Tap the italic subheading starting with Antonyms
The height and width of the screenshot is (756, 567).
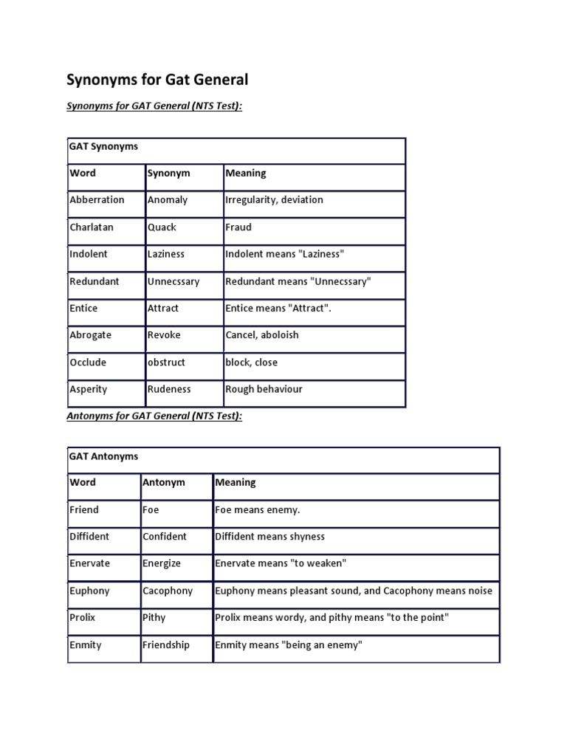154,416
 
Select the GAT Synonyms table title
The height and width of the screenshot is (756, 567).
103,146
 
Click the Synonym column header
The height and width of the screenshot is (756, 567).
168,173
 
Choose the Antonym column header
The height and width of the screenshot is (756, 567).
164,483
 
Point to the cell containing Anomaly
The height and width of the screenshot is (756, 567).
168,200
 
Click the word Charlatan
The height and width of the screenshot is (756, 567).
92,227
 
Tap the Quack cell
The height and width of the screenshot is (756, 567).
162,227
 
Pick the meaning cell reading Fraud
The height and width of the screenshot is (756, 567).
238,227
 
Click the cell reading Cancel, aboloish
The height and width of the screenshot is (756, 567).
262,335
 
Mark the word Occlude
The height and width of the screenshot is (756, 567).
88,362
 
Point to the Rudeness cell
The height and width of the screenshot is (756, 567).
169,389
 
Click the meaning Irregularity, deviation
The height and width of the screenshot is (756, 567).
274,200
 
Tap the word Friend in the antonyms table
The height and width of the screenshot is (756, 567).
84,510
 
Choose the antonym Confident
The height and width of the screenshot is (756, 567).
165,537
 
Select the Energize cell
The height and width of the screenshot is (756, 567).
162,563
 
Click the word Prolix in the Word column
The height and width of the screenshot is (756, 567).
83,617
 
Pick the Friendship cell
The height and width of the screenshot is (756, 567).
166,645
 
